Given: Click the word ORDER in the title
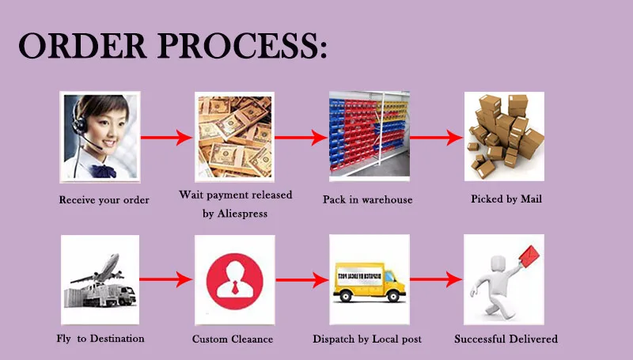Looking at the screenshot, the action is [82, 45].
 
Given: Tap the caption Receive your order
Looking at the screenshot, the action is [104, 199].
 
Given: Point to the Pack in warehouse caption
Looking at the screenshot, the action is [367, 199].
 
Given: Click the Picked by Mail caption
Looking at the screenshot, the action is [506, 199].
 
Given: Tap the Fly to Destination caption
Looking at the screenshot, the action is [100, 339].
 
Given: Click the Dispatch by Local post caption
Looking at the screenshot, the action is [367, 339].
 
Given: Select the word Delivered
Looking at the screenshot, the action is [533, 339].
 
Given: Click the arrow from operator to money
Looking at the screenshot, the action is [166, 138].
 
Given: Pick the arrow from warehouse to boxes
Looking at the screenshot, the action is [436, 138].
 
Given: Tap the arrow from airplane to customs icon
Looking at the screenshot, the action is [166, 279].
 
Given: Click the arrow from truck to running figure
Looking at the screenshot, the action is [436, 279].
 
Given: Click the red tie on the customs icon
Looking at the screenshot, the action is [235, 287].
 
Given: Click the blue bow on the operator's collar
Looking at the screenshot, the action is [103, 171].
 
